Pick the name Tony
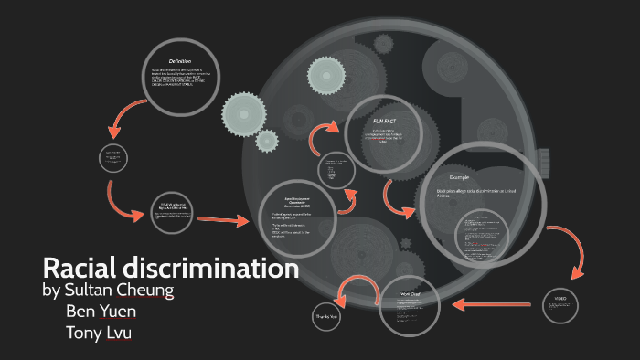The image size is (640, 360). (85, 332)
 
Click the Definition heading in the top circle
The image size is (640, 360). (179, 60)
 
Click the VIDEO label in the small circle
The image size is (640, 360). (560, 298)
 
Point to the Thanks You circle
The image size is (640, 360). (326, 316)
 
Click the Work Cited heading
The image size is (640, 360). (411, 294)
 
